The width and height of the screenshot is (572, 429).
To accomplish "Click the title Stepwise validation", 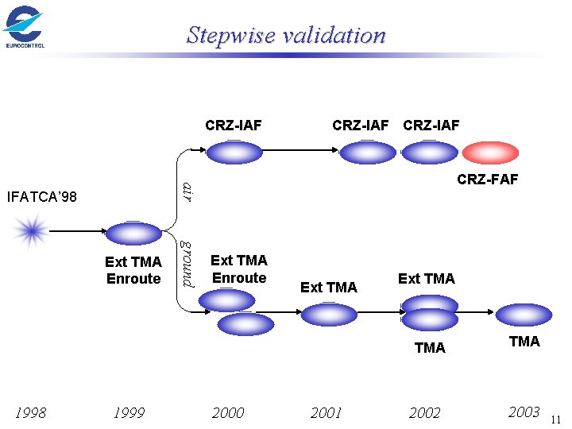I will tap(286, 35).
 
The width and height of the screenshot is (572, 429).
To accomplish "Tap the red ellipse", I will tap(490, 152).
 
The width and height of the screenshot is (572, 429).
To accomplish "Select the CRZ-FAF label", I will tap(487, 180).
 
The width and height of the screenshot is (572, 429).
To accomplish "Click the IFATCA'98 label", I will tap(41, 195).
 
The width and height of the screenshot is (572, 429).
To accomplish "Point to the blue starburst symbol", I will tap(31, 231).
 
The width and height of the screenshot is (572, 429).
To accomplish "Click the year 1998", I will tap(31, 412).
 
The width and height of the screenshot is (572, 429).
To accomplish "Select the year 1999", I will tap(129, 412).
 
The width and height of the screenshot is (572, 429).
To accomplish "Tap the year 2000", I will tap(228, 412).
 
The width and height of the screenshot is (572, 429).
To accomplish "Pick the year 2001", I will tap(326, 412).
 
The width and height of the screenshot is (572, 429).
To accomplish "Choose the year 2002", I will tap(424, 412).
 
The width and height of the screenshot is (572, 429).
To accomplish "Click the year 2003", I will tap(524, 412).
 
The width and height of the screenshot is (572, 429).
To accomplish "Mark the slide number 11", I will tap(555, 419).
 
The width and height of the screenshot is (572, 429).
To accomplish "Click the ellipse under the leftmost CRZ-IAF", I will tap(234, 152).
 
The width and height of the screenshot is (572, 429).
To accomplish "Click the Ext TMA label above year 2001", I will tap(329, 287).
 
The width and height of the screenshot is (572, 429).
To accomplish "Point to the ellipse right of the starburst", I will tap(133, 232).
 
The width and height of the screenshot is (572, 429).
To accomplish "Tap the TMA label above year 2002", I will tap(430, 347).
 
